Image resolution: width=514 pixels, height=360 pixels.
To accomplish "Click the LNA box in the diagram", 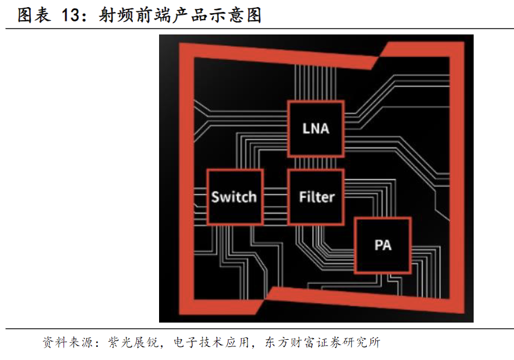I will pos(315,129).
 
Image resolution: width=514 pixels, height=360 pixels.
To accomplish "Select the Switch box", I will pos(234,197).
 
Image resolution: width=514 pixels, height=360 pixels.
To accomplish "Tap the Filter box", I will pos(315,197).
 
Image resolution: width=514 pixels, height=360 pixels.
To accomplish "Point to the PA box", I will pos(383,245).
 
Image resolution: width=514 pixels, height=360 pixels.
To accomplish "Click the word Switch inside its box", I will pos(234,197).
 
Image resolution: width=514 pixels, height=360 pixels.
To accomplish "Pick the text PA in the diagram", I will pos(383,245).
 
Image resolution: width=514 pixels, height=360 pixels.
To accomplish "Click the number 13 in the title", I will pos(70,15).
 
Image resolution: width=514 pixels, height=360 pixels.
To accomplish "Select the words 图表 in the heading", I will pos(33,15).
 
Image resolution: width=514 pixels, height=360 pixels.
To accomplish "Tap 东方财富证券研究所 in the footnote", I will pos(321,343).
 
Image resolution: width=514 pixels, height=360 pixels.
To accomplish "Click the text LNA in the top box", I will pos(315,128).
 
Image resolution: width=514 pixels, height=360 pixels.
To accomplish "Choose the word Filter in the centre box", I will pos(316,197).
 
